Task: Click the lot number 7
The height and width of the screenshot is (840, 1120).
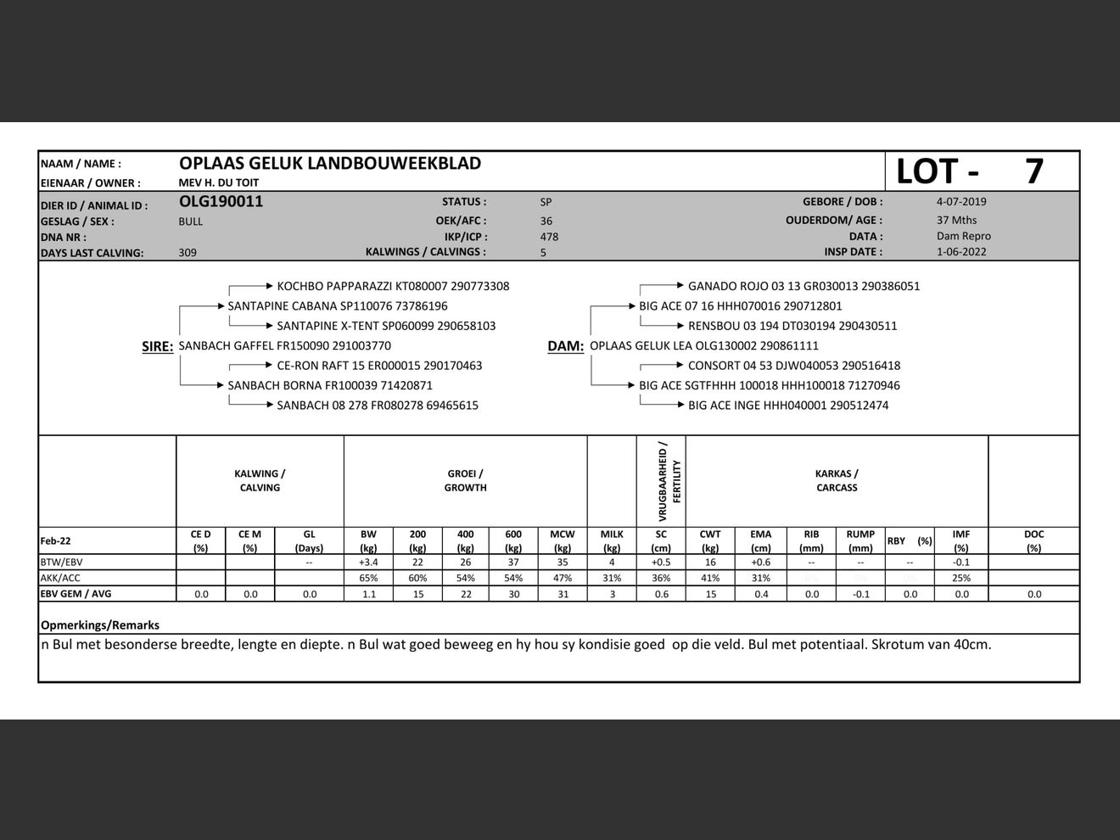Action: [1033, 171]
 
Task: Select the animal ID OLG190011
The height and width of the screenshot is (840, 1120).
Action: [221, 202]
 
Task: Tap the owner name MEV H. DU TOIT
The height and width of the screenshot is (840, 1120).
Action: [219, 182]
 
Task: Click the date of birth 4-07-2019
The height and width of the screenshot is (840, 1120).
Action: [961, 202]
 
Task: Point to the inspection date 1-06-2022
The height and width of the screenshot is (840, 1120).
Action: [961, 252]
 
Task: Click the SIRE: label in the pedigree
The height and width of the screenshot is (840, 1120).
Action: [157, 346]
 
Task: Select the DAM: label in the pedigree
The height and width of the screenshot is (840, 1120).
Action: [565, 346]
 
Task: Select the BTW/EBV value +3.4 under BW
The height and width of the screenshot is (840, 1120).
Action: [368, 563]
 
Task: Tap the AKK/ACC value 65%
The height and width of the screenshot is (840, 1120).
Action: [368, 578]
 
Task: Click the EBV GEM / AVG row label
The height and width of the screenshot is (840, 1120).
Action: [76, 594]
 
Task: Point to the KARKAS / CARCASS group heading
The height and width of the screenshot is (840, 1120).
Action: [837, 481]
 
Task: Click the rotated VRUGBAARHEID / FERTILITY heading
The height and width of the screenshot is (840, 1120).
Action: [669, 481]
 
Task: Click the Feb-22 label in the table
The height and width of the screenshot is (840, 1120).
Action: [56, 541]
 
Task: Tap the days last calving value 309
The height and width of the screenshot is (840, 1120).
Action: [188, 253]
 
